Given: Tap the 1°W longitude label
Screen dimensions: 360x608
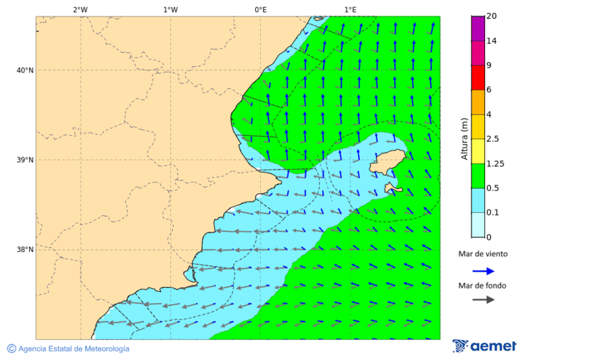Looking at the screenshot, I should pos(170,9).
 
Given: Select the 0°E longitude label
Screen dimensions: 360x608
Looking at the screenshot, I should pos(260,9).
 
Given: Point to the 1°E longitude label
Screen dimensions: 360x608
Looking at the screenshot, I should pos(350,9).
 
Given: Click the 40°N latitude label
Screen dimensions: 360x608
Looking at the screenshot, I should pos(25,70).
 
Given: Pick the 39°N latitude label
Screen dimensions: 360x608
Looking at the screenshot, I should pos(25,160).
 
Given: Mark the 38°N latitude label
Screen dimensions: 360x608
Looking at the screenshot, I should pos(25,250).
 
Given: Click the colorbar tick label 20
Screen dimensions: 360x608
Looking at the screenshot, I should pos(491,16).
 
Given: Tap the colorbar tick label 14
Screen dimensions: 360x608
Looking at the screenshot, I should pos(491,41).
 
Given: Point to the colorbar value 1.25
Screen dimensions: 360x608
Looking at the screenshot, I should pos(495,163).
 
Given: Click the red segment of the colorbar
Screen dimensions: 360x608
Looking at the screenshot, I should pos(478,78).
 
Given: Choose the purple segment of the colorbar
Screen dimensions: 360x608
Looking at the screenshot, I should pos(478,28).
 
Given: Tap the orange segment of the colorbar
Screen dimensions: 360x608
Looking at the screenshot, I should pos(478,102).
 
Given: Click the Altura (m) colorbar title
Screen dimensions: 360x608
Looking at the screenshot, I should pos(464,139).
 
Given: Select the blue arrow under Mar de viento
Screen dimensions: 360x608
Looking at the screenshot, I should pos(483,272).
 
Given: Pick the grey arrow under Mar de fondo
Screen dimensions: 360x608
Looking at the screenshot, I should pos(483,300).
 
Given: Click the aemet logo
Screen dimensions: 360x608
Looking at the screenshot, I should pos(484,346).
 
